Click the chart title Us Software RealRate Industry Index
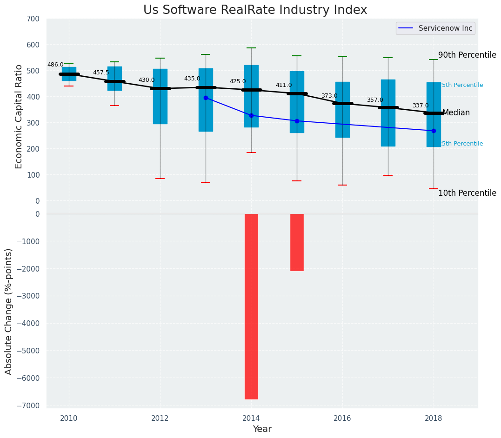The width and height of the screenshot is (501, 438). pyautogui.click(x=255, y=10)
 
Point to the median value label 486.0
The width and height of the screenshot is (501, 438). pyautogui.click(x=55, y=65)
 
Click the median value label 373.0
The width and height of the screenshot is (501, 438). pyautogui.click(x=329, y=96)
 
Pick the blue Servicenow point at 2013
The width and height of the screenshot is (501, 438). pyautogui.click(x=206, y=98)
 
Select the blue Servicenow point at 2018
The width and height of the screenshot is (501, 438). pyautogui.click(x=434, y=131)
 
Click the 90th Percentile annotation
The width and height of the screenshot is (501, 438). pyautogui.click(x=467, y=55)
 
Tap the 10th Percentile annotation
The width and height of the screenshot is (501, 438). pyautogui.click(x=467, y=193)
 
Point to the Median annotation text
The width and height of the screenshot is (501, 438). pyautogui.click(x=456, y=113)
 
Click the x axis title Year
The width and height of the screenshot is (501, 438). pyautogui.click(x=262, y=429)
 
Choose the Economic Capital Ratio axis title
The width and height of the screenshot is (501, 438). pyautogui.click(x=19, y=116)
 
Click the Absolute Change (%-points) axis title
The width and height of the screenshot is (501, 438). pyautogui.click(x=9, y=311)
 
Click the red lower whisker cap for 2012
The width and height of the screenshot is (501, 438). pyautogui.click(x=160, y=179)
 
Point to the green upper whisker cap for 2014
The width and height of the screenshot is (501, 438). pyautogui.click(x=251, y=48)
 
